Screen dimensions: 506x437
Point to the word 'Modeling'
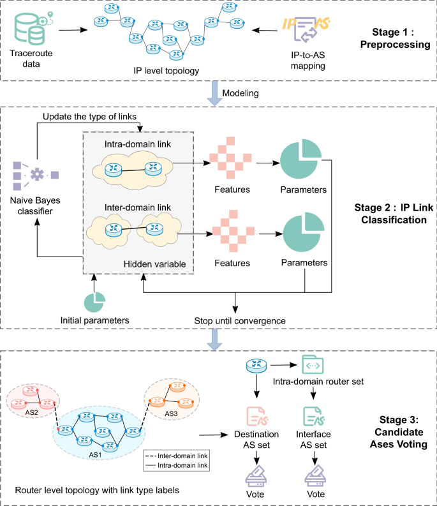[x=241, y=94]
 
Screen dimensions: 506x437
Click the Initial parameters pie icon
[x=94, y=299]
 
